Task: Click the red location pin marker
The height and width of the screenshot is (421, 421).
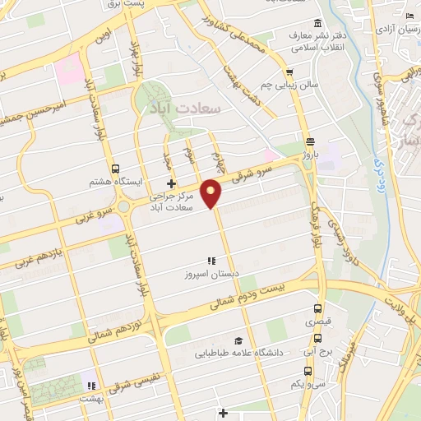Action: (x=213, y=192)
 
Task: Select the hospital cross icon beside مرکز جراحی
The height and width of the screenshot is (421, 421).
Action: (x=170, y=183)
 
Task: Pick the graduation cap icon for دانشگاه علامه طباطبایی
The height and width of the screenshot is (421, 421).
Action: (x=238, y=340)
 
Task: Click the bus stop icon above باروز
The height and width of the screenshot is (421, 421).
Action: (x=310, y=140)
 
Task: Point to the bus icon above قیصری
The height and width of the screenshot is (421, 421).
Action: (x=318, y=309)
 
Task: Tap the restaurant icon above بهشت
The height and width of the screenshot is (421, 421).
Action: (x=92, y=385)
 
